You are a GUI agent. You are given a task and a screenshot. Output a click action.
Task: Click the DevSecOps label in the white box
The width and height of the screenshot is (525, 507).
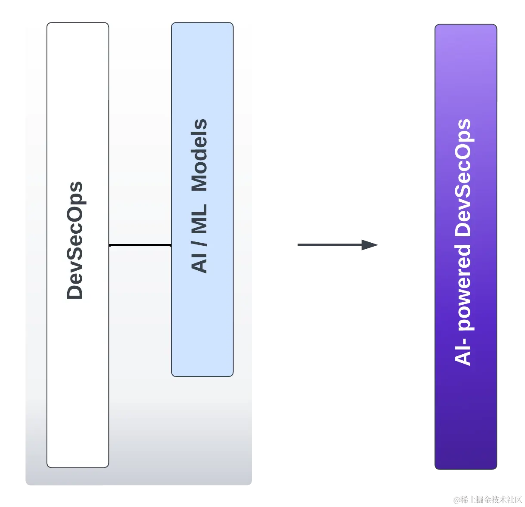pos(75,241)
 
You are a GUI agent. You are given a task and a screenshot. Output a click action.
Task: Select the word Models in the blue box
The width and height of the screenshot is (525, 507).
pos(199,155)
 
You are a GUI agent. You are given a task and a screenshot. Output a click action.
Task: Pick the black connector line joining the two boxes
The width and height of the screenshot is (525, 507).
pos(140,245)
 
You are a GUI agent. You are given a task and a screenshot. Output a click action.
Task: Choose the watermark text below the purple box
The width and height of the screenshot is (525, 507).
pos(487,499)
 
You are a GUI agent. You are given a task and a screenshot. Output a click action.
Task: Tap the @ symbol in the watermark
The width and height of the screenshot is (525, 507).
pos(456,499)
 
